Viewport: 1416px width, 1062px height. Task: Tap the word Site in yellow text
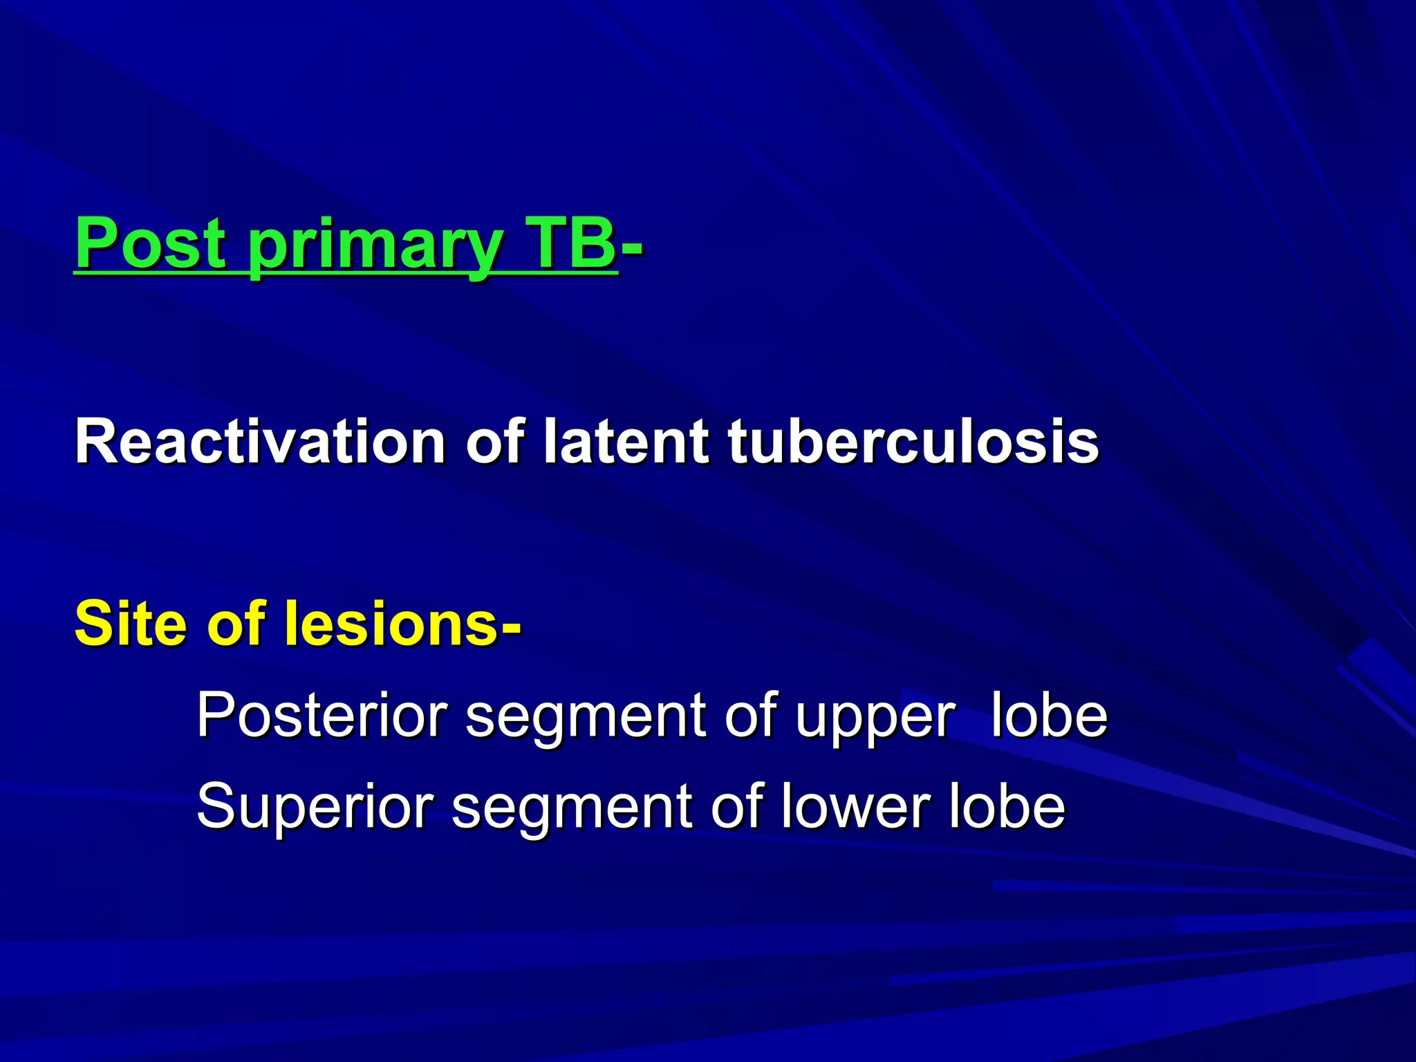pyautogui.click(x=131, y=624)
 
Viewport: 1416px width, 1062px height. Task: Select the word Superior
pyautogui.click(x=315, y=808)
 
